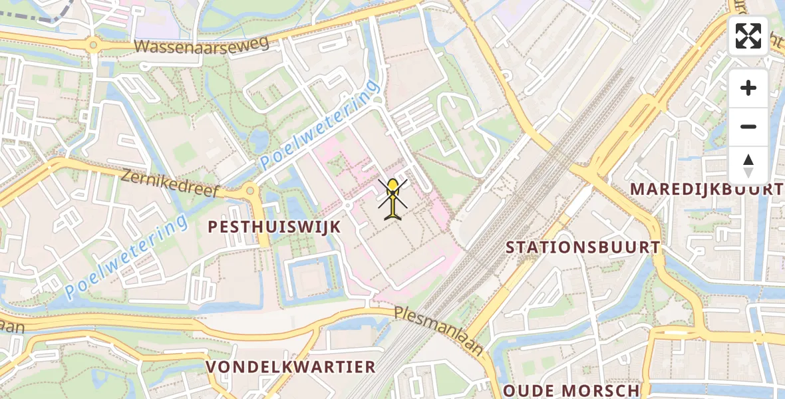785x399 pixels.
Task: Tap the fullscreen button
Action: click(748, 36)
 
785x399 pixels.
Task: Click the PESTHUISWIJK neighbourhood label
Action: click(274, 227)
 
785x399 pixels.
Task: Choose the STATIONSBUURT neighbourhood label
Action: click(583, 247)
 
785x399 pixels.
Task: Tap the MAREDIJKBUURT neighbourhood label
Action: click(706, 189)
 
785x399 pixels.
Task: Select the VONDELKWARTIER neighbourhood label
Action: click(291, 367)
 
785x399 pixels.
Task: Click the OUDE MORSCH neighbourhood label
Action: click(571, 390)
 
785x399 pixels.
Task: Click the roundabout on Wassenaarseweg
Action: click(92, 46)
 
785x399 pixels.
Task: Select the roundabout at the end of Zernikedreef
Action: click(250, 191)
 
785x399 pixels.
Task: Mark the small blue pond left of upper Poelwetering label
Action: click(258, 140)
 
